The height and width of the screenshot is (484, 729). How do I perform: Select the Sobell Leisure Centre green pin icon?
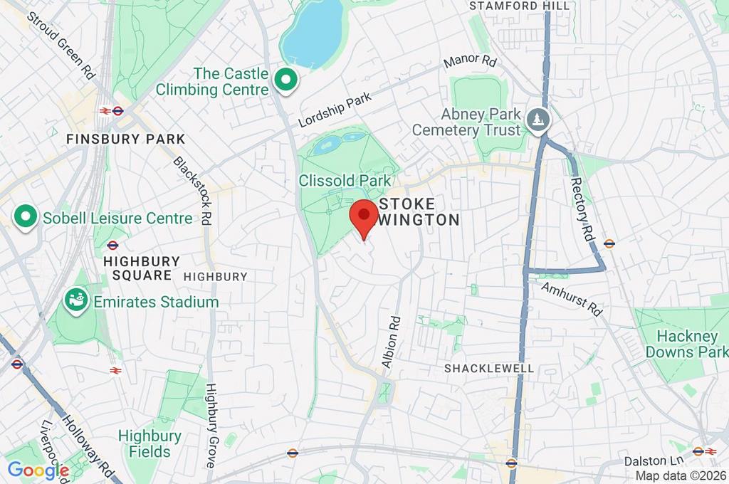coord(26,218)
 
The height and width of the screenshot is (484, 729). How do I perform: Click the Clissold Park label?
coord(345,181)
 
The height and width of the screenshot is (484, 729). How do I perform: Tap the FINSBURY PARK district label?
coord(125,140)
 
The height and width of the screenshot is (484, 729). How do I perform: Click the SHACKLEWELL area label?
coord(488,368)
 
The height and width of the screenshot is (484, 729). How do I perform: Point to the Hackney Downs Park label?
coord(686,344)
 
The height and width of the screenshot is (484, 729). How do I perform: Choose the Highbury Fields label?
coord(150,443)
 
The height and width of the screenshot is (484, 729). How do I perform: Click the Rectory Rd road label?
coord(581,206)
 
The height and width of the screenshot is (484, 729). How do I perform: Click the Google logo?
coord(38,470)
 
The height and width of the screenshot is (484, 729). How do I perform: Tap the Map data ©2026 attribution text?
coord(681,475)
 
